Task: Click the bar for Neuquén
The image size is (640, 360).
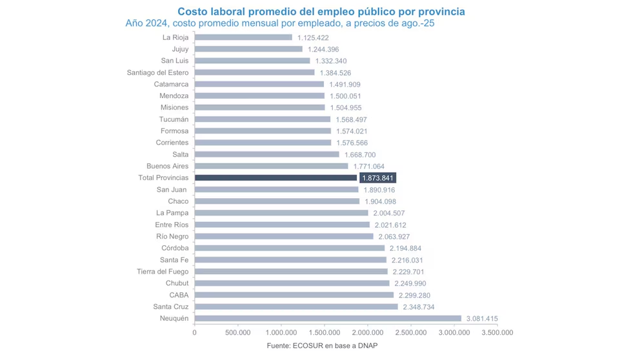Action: click(328, 318)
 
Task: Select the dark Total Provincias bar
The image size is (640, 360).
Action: click(275, 177)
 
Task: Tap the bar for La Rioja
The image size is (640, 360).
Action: click(243, 37)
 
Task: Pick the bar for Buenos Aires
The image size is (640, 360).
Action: click(271, 166)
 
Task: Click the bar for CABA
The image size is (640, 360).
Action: click(294, 295)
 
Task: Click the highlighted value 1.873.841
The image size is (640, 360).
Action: click(377, 177)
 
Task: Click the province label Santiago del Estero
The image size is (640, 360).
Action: click(158, 72)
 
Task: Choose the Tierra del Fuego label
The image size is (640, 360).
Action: click(163, 272)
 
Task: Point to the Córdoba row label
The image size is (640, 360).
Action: click(175, 248)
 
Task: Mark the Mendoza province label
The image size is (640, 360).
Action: click(174, 95)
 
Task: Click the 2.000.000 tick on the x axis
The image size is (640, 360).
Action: click(368, 333)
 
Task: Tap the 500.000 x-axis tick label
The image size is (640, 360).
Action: click(238, 333)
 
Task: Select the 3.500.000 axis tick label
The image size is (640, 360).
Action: click(497, 333)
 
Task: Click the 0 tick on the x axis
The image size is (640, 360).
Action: click(195, 333)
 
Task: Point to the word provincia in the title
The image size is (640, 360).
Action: click(437, 12)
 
